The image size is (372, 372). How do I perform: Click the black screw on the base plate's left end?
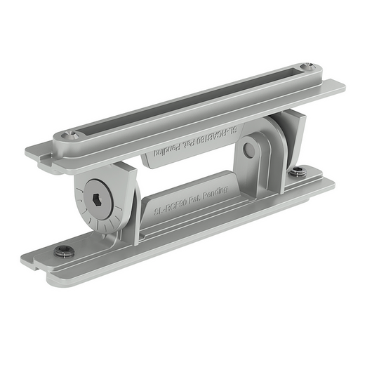[65, 251]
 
